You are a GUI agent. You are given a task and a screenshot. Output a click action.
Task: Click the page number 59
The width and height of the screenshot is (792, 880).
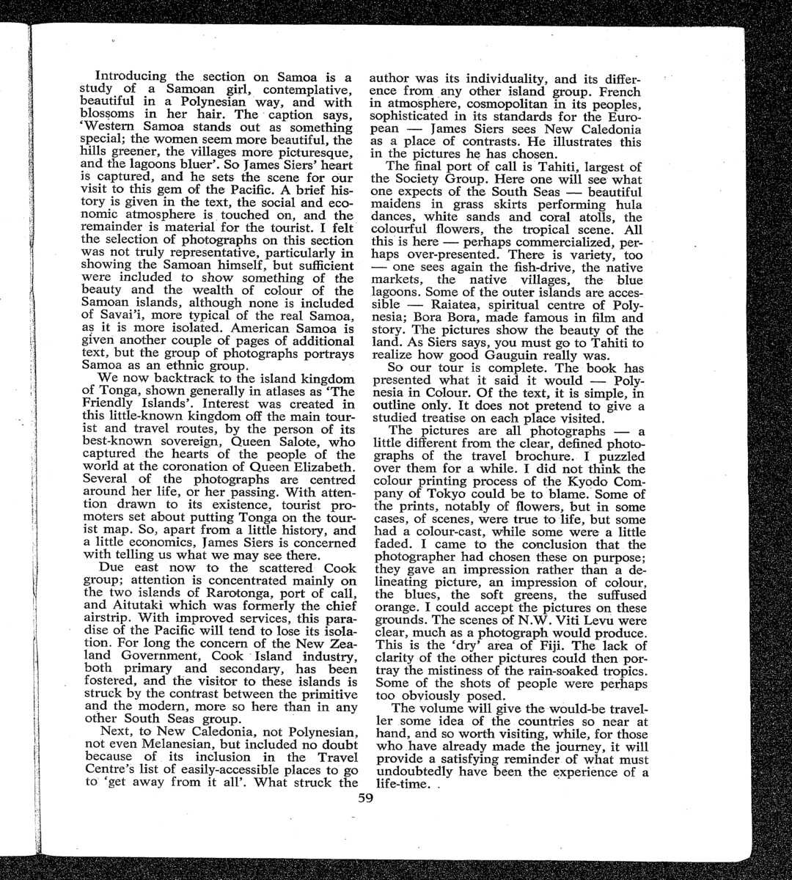[x=366, y=799]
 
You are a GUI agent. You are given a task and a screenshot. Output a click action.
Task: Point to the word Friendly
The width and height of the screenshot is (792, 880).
[x=111, y=404]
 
